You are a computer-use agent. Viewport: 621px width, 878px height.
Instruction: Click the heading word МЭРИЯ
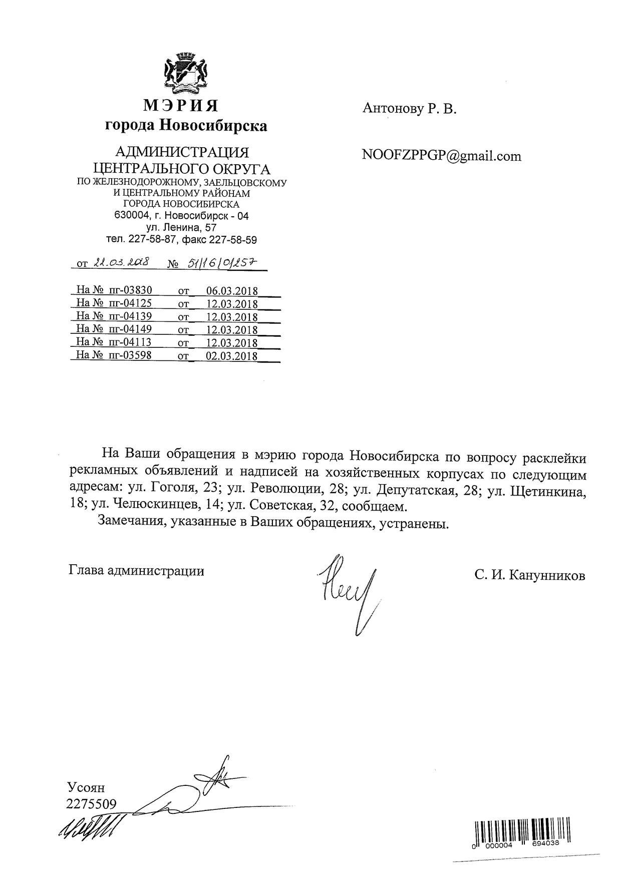(181, 106)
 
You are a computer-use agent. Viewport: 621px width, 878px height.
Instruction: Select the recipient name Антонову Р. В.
(409, 109)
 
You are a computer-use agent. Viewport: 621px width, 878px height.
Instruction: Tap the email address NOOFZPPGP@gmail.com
(441, 156)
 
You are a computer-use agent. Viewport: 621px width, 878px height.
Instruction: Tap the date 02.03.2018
(232, 356)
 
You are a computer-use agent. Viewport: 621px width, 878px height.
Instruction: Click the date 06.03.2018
(232, 291)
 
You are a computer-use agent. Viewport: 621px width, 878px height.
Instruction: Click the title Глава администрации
(136, 571)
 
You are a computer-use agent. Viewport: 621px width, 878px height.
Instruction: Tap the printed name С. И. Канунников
(530, 576)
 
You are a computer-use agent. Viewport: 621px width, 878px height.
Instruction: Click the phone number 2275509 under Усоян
(91, 804)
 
